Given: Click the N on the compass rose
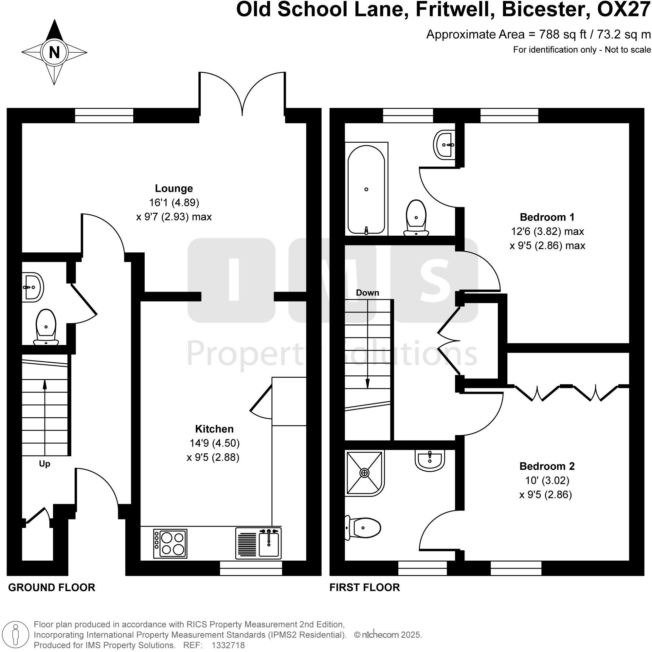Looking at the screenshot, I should point(54,53).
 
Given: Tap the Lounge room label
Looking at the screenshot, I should point(174,188).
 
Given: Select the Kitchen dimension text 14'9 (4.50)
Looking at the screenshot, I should point(215,443).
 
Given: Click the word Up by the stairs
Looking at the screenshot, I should point(45,464).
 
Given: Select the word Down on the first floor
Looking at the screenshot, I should point(368,293).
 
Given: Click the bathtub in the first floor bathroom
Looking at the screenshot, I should point(366,189).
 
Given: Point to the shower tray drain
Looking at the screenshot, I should point(365,473).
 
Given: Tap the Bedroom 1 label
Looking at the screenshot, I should point(547,217).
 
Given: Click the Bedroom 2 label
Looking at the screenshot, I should point(547,466).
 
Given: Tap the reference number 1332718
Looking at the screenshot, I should point(228,645).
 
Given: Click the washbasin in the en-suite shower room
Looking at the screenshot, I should point(430,460).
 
